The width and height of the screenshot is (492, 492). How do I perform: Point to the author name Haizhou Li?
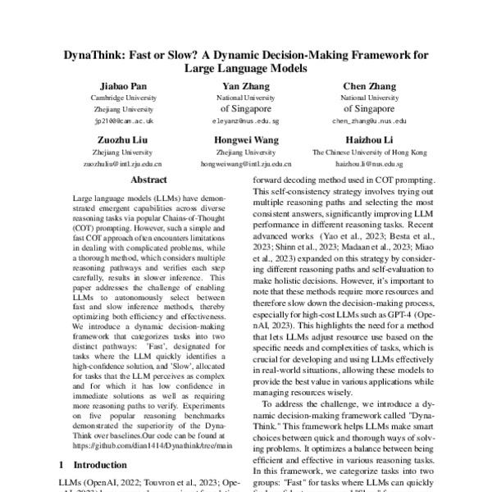pyautogui.click(x=370, y=140)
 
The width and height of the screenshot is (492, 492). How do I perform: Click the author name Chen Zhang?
pyautogui.click(x=370, y=86)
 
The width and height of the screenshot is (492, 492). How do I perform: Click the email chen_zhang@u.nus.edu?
pyautogui.click(x=370, y=120)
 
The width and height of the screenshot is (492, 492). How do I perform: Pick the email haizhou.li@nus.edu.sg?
pyautogui.click(x=370, y=163)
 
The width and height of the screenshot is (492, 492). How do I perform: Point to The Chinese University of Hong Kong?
pyautogui.click(x=370, y=152)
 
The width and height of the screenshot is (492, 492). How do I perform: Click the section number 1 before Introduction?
pyautogui.click(x=65, y=465)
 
